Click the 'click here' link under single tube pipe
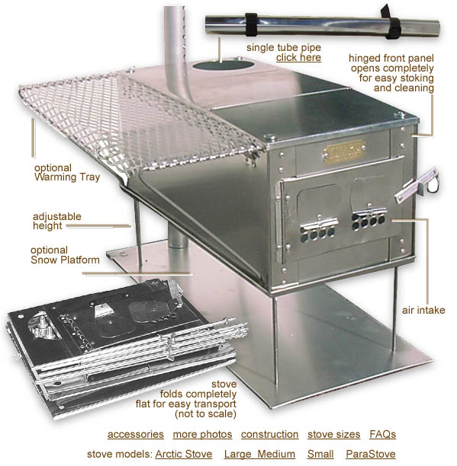(x=298, y=57)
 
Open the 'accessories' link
(x=136, y=434)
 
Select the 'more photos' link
(x=202, y=434)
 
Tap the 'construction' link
(x=270, y=434)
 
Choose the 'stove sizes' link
(x=333, y=434)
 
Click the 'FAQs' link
(x=382, y=434)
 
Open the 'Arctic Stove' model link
(x=184, y=454)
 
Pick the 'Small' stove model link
(x=320, y=454)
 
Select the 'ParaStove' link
(x=371, y=454)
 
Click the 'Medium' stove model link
(x=276, y=454)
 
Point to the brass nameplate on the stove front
(x=344, y=152)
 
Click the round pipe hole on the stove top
(x=223, y=65)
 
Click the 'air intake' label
(x=423, y=310)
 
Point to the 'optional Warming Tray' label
(x=67, y=172)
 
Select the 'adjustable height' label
(x=57, y=221)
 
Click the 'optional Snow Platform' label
(x=65, y=255)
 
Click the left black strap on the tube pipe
(x=252, y=24)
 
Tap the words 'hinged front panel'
(x=391, y=58)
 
